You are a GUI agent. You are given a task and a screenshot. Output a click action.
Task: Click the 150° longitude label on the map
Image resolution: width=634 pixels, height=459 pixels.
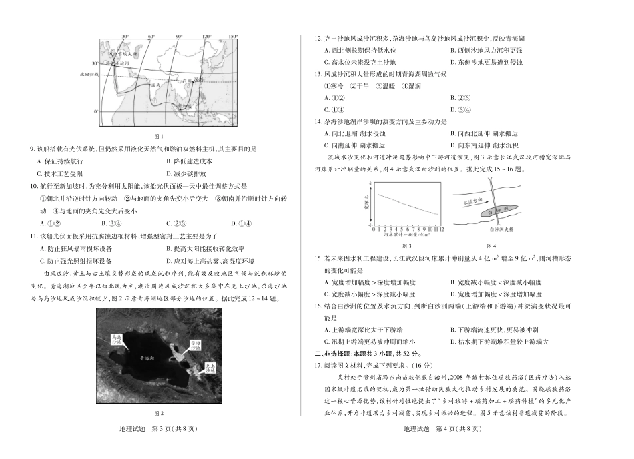tap(232, 37)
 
